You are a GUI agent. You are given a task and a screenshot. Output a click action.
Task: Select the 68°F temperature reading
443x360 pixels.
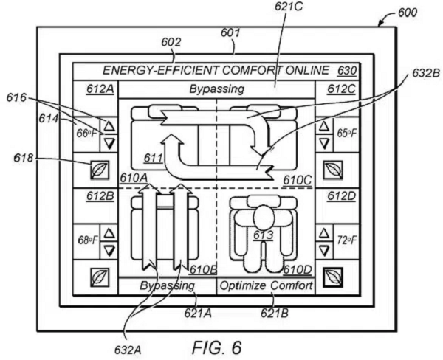click(86, 240)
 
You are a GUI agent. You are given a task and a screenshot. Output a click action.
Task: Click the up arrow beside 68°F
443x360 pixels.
click(109, 233)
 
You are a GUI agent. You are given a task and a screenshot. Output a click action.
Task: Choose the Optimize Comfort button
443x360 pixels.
click(265, 285)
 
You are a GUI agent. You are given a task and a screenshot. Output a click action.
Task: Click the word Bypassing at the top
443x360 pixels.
click(216, 90)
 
